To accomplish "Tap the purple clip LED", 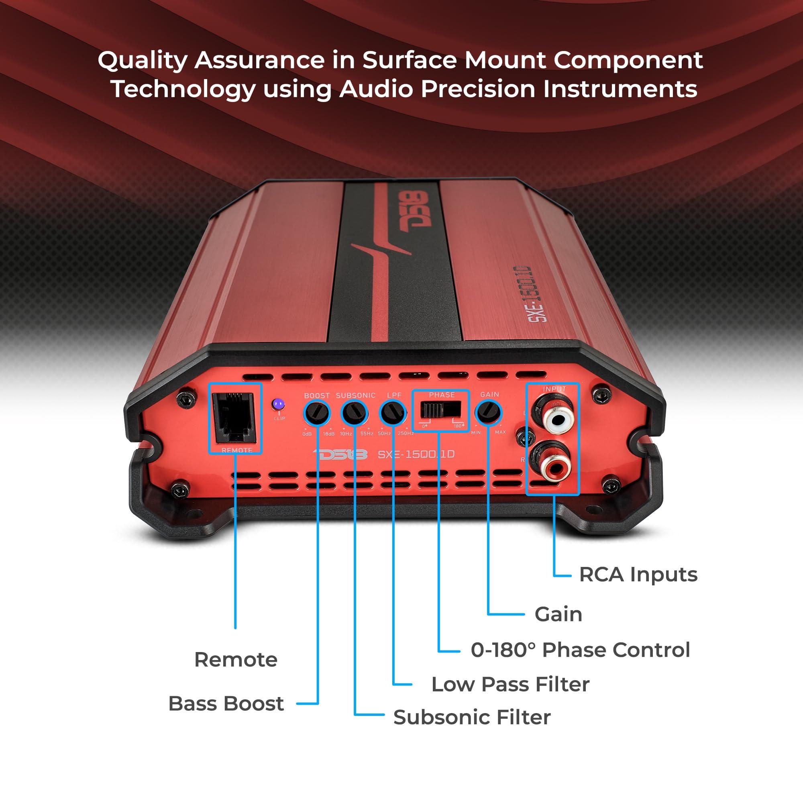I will (278, 404).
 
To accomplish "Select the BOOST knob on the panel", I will (317, 413).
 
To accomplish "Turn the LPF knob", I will (393, 413).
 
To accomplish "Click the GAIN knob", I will (489, 413).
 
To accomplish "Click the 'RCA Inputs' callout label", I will (638, 575).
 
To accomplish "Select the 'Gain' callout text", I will (558, 614).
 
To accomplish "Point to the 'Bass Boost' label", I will (226, 704).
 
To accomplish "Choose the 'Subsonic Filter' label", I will (472, 717).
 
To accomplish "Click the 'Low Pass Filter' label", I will (510, 685).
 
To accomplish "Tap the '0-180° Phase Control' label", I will (580, 650).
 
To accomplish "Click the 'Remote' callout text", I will (236, 660).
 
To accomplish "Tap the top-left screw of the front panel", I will (183, 399).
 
